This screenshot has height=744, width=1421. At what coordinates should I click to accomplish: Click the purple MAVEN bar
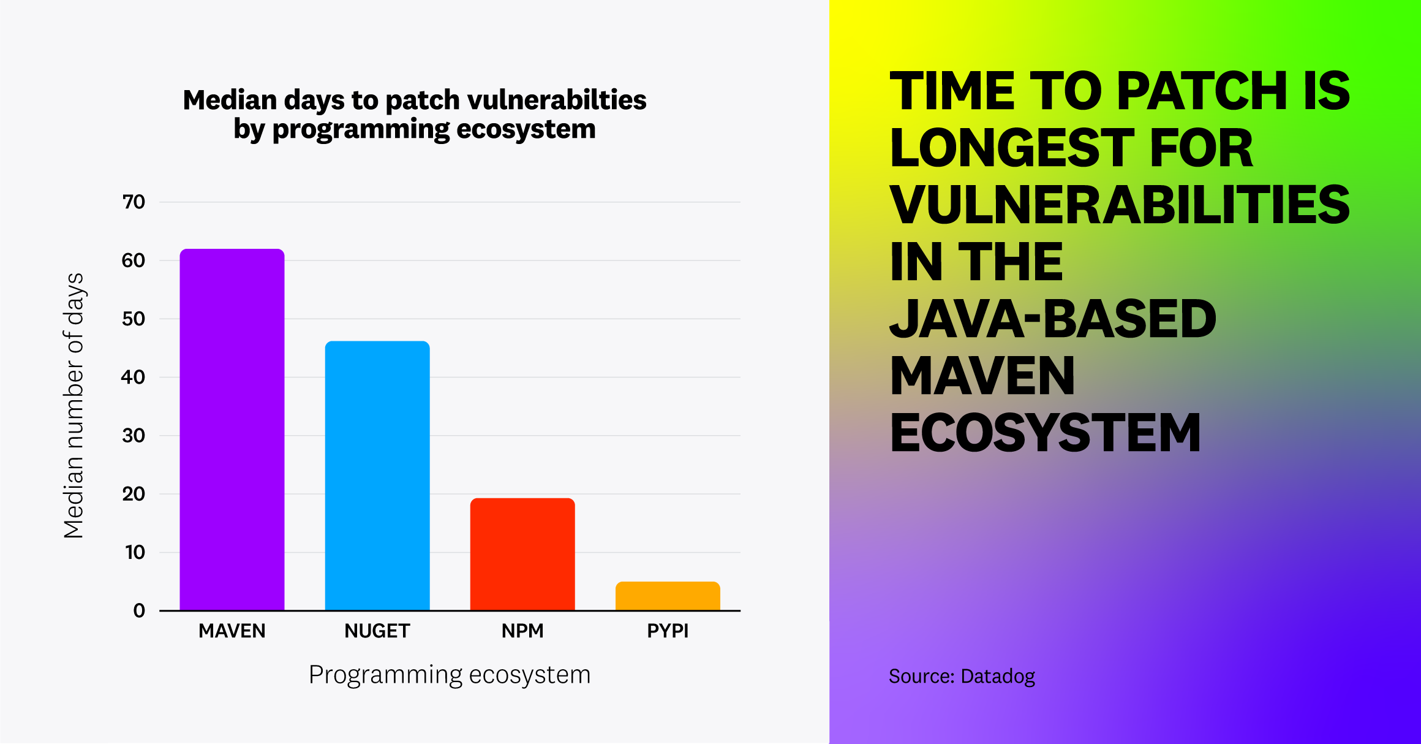232,429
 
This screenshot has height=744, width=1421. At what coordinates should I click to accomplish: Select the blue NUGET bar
377,476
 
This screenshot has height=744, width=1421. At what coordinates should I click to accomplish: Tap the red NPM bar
522,554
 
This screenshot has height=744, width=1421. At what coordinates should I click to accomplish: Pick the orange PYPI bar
668,596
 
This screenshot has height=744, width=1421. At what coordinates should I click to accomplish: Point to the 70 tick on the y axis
134,202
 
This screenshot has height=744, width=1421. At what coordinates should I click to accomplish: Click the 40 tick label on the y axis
134,378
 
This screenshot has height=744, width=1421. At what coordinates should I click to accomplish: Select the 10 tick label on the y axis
135,553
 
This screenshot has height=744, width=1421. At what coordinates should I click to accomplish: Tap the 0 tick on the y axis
139,611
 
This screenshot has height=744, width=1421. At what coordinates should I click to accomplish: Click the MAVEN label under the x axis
232,631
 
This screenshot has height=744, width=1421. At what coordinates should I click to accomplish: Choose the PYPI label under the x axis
668,631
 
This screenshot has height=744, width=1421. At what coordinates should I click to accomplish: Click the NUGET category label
377,631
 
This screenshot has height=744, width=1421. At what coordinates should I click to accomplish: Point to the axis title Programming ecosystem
450,675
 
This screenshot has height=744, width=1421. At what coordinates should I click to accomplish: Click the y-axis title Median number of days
74,406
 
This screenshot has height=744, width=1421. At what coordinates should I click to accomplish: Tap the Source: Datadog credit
962,677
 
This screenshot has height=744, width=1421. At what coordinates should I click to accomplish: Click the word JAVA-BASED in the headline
1052,319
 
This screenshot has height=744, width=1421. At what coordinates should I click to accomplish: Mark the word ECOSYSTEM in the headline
1045,433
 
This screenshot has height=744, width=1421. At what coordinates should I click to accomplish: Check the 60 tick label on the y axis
134,261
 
